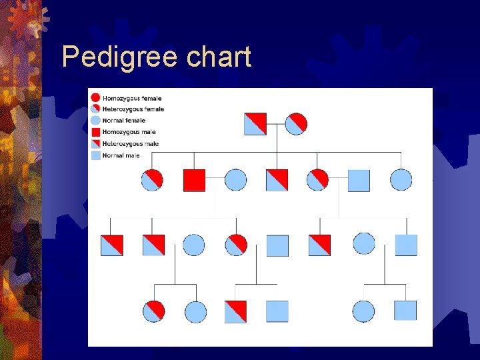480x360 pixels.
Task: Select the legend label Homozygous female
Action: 131,98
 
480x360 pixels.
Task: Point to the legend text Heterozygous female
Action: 133,109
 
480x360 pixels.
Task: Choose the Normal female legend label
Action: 123,121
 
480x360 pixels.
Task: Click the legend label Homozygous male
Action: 130,132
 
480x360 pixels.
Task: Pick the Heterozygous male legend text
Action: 131,143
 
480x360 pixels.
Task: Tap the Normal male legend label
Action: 121,155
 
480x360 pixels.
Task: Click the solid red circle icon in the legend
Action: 95,98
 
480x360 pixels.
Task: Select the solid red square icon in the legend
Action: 95,132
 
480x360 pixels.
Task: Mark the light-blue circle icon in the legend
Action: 95,121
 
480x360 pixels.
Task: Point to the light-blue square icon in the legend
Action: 95,155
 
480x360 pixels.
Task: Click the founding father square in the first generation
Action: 255,124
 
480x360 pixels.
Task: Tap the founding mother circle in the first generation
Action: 296,124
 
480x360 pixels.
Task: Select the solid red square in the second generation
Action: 194,180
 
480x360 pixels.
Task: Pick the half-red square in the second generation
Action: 277,180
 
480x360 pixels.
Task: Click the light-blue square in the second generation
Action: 359,180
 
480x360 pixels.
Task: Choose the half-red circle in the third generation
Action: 236,245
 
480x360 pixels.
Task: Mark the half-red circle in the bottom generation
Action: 154,311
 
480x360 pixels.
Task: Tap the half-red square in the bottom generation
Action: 235,311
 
